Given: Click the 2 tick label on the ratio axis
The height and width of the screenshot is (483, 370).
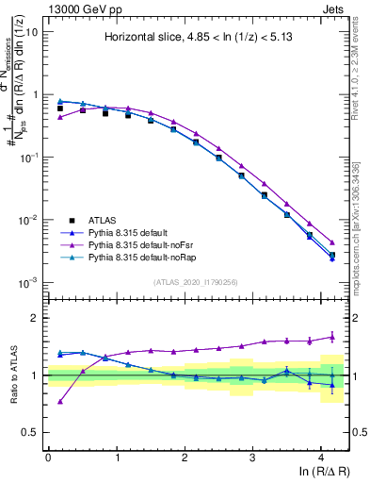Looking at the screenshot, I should tap(34, 318).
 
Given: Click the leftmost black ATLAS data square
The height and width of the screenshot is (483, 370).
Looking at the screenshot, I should tap(60, 108).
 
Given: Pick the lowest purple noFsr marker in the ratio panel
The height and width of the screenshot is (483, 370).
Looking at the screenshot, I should tap(60, 401).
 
